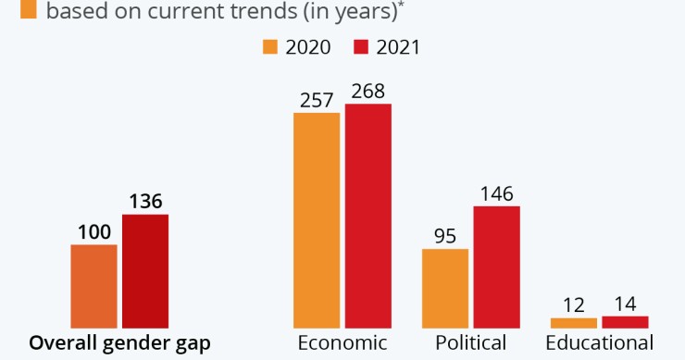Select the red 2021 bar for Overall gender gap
[x=145, y=270]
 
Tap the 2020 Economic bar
[x=317, y=219]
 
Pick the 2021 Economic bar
[x=367, y=215]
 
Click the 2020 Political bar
[x=445, y=287]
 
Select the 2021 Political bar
[x=497, y=266]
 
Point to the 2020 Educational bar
[x=573, y=322]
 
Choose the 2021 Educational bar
[x=625, y=321]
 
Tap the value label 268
[x=367, y=91]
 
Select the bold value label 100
[x=93, y=231]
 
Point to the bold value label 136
[x=145, y=201]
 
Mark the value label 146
[x=497, y=193]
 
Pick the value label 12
[x=573, y=304]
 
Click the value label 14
[x=625, y=303]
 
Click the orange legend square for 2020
[x=270, y=46]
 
